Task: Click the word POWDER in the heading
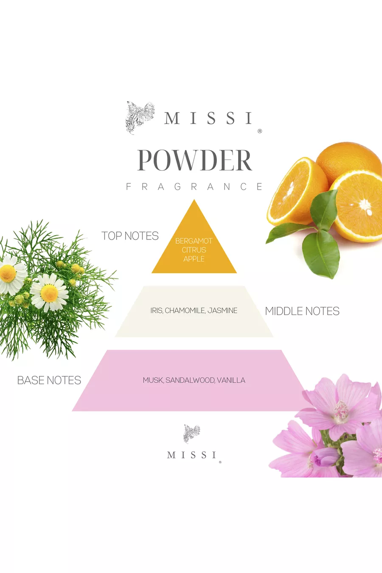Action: click(195, 160)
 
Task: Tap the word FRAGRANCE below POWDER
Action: click(194, 187)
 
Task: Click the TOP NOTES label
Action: click(130, 236)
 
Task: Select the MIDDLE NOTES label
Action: click(302, 311)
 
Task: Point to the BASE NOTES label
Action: click(49, 380)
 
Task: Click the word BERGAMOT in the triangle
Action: click(194, 241)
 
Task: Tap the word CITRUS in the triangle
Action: click(194, 250)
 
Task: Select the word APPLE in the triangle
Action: click(194, 259)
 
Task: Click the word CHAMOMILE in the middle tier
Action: click(185, 311)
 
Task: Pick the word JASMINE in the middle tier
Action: click(222, 311)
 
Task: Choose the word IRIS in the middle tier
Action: click(156, 311)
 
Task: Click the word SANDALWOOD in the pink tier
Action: click(190, 380)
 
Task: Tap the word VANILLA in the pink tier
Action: click(231, 380)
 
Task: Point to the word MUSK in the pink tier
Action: click(153, 380)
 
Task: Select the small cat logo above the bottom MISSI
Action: click(192, 433)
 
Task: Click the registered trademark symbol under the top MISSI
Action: click(260, 131)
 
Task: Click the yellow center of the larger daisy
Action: click(50, 293)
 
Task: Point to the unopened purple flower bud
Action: click(324, 457)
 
